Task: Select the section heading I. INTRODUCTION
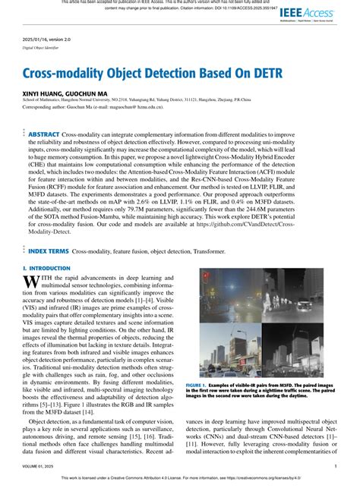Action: [46, 268]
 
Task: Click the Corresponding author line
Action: [99, 108]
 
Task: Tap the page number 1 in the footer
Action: [336, 467]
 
